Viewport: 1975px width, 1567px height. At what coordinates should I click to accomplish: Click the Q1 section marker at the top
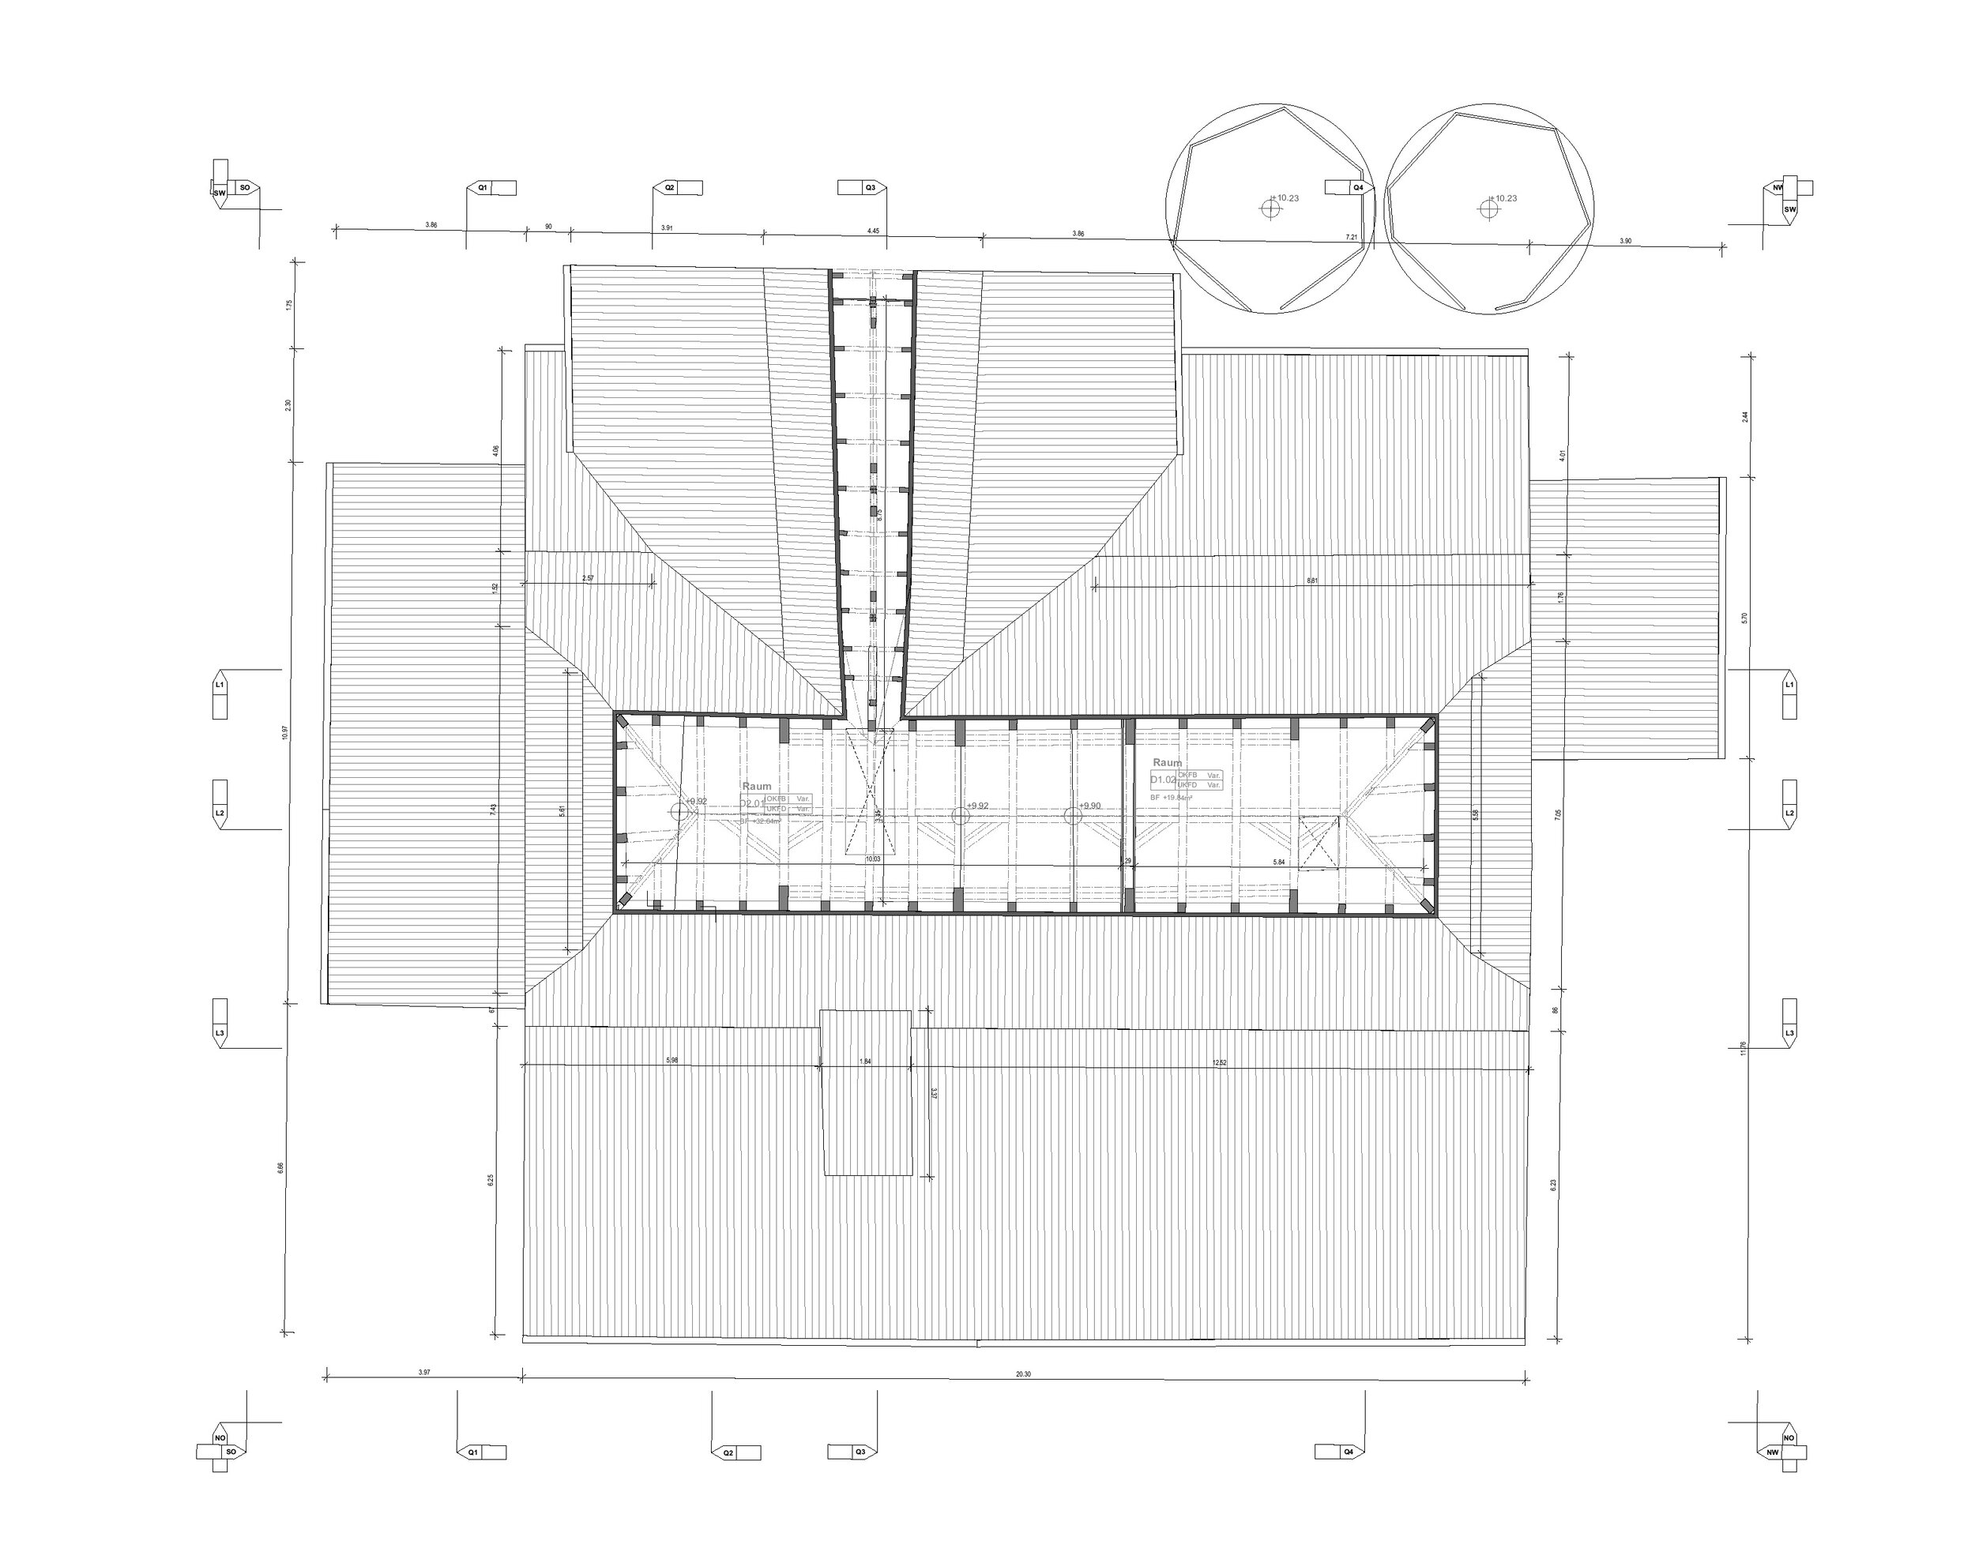pos(483,188)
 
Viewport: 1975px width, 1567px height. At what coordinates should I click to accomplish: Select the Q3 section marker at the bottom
pos(860,1452)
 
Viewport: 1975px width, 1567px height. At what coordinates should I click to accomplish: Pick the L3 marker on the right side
pos(1789,1032)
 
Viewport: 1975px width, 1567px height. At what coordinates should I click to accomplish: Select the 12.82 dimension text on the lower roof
pos(1218,1062)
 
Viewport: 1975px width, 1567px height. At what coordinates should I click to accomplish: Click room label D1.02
pos(1162,780)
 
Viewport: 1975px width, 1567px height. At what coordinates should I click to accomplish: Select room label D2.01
pos(752,803)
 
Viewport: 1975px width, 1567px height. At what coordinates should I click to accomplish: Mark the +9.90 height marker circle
pos(1073,815)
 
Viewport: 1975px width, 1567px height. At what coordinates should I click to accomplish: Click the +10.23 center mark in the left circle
pos(1270,209)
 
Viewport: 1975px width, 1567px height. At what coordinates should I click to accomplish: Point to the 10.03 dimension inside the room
pos(873,859)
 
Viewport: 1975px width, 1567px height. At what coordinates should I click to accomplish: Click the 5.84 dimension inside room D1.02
pos(1279,862)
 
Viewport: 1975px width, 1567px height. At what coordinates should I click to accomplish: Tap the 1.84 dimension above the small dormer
pos(865,1062)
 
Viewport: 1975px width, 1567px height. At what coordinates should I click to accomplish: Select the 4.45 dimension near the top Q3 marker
pos(872,231)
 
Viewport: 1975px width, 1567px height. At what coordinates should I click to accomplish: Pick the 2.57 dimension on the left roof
pos(587,578)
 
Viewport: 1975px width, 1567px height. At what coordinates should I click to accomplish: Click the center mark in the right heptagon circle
pos(1489,209)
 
